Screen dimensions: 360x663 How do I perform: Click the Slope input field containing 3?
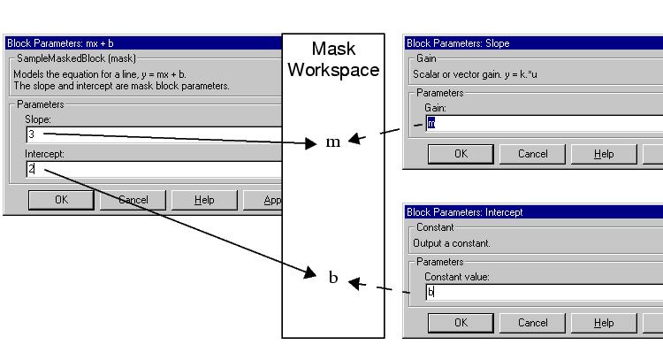tap(150, 134)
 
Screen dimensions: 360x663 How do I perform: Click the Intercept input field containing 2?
tap(150, 168)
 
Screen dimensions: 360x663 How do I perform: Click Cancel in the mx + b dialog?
tap(133, 200)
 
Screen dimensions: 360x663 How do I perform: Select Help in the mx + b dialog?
tap(204, 200)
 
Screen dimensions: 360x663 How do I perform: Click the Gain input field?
tap(539, 123)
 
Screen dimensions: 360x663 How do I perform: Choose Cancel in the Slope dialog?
tap(533, 154)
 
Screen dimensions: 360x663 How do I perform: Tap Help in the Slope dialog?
tap(604, 154)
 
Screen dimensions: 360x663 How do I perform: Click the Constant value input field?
tap(539, 291)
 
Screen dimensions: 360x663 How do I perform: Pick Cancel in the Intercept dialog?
tap(533, 323)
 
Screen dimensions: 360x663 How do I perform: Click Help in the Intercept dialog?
tap(604, 323)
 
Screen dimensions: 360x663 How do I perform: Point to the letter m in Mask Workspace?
tap(333, 142)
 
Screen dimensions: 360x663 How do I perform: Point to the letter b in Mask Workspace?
tap(333, 278)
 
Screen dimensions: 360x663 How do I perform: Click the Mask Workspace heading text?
tap(332, 59)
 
